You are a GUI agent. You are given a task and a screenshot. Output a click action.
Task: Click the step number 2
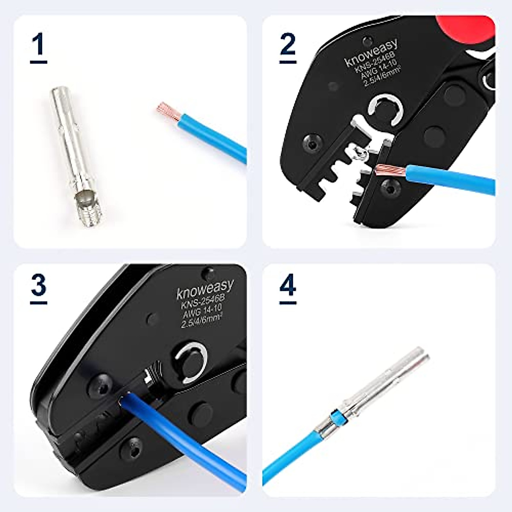(x=288, y=45)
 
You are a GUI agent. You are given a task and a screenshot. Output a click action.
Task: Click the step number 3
(x=38, y=285)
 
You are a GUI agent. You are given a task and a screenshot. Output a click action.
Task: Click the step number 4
(x=288, y=285)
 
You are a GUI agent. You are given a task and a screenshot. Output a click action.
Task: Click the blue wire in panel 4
(x=290, y=452)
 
